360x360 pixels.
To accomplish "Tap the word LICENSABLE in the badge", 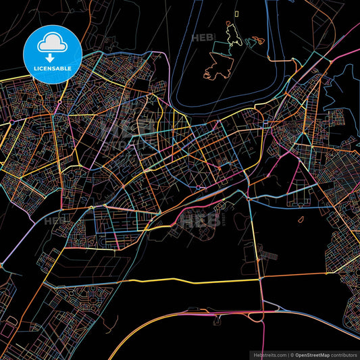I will coord(53,68).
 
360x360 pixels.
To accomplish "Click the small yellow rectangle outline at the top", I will coord(236,13).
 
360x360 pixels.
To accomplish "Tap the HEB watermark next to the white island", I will coord(203,38).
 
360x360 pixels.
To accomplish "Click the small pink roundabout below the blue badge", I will coord(59,102).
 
